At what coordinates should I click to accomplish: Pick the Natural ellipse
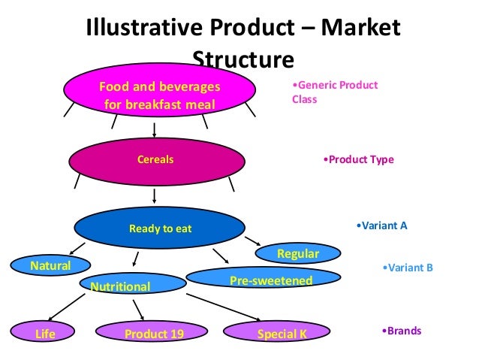click(x=50, y=265)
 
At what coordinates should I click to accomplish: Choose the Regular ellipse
click(x=297, y=254)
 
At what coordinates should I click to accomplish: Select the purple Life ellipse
click(x=44, y=331)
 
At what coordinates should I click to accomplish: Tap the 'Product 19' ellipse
click(x=153, y=331)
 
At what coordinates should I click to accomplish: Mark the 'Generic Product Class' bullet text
click(x=333, y=92)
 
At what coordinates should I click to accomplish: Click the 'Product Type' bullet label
click(x=357, y=160)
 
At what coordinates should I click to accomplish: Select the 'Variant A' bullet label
click(x=381, y=225)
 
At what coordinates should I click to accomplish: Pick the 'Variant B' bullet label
click(x=408, y=268)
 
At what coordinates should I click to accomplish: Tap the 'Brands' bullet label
click(x=402, y=331)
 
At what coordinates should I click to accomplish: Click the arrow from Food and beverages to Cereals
click(x=155, y=129)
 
